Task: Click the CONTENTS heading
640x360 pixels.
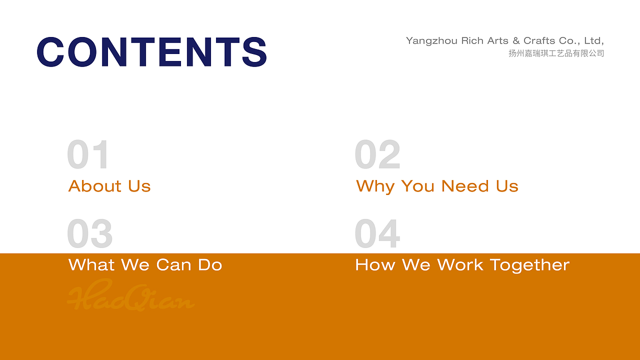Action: click(x=151, y=51)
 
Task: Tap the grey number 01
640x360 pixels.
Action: click(x=87, y=154)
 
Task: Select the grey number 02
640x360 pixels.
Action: click(x=377, y=154)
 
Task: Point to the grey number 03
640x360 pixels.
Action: click(x=89, y=233)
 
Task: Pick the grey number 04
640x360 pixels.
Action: click(x=377, y=233)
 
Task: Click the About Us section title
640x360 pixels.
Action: click(x=109, y=186)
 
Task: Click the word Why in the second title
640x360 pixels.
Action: click(x=375, y=186)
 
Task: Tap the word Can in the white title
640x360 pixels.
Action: click(x=173, y=265)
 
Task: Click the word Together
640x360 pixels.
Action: click(x=530, y=265)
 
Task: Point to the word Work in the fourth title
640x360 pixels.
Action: click(x=460, y=264)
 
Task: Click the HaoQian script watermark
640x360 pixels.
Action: click(x=131, y=294)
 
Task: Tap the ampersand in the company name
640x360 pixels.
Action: click(x=516, y=40)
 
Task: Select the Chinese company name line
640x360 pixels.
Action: click(x=556, y=53)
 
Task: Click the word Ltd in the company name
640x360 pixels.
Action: click(x=594, y=41)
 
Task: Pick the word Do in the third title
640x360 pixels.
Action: click(x=210, y=265)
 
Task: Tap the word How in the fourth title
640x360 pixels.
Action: click(x=375, y=265)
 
